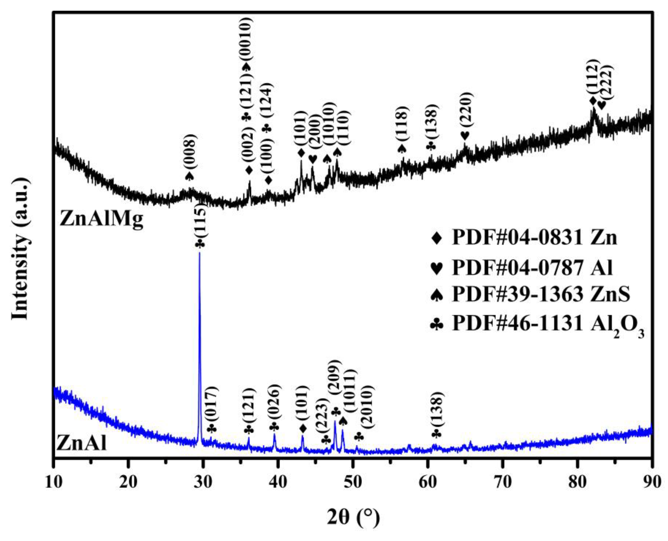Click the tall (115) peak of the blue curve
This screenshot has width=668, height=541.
coord(200,254)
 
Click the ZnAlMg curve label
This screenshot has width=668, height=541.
coord(101,219)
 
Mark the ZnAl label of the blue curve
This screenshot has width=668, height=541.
coord(81,444)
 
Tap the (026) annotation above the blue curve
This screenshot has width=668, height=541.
coord(274,400)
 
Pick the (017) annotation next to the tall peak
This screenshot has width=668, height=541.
coord(213,402)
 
